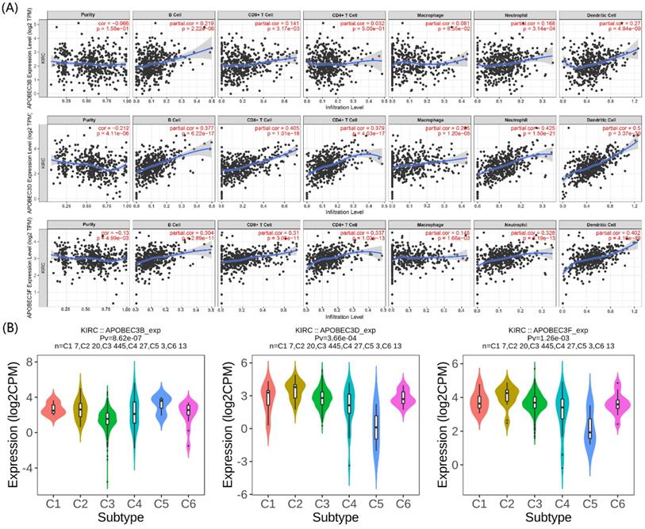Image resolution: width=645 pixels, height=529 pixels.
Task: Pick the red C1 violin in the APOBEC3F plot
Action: (x=480, y=403)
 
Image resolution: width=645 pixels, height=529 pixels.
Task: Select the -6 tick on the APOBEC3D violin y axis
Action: (x=249, y=493)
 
